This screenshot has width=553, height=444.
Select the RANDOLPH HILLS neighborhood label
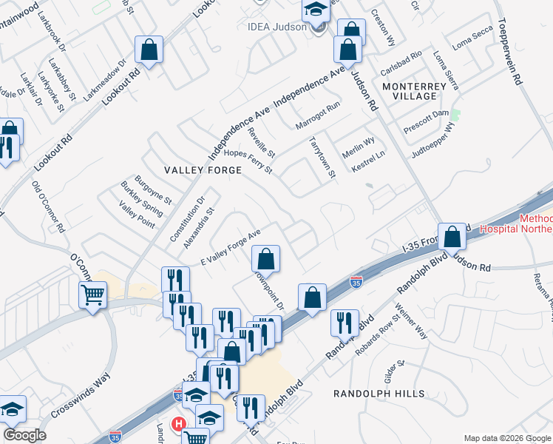coord(379,394)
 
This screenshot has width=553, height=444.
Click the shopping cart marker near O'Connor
coord(92,295)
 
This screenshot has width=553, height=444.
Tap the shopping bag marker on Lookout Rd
coord(149,50)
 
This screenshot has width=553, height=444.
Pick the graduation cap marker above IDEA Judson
coord(315,10)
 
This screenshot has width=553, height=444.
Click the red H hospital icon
coord(178,424)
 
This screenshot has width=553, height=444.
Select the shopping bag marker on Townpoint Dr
coord(265,258)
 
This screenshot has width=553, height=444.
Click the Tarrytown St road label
coord(322,157)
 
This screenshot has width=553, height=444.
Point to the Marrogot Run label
coord(317,115)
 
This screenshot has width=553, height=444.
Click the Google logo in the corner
coord(24,435)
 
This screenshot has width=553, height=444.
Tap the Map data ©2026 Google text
coord(507,438)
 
